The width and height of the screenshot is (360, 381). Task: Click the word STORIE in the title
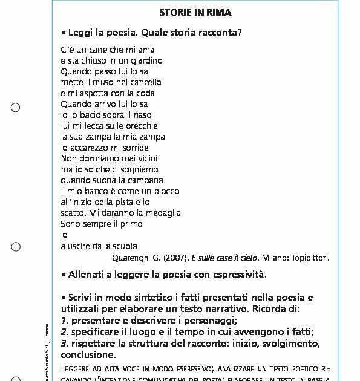(x=174, y=12)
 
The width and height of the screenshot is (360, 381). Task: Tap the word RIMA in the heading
(x=220, y=12)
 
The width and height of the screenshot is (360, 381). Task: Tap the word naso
(x=143, y=115)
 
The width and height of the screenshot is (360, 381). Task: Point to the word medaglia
(x=163, y=213)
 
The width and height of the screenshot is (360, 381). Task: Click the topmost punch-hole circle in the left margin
(x=16, y=108)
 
